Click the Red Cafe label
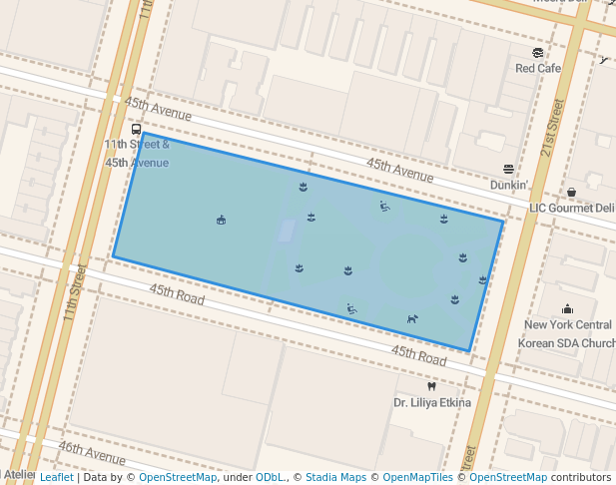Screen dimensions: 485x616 pos(538,68)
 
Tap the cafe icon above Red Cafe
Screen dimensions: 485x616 pos(538,53)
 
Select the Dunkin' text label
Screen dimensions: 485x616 pos(508,185)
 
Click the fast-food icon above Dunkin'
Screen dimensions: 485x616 pos(508,170)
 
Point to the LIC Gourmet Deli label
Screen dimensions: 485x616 pos(572,208)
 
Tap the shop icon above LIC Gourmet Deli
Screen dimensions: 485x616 pos(572,192)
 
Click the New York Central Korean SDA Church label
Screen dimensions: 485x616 pos(567,333)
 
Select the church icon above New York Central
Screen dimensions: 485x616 pos(568,308)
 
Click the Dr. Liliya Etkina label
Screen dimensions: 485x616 pos(431,403)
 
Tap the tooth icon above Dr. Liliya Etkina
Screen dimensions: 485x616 pos(431,386)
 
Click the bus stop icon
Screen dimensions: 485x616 pos(137,130)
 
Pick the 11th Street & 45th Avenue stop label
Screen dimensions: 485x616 pos(137,153)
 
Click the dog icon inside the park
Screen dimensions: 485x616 pos(411,319)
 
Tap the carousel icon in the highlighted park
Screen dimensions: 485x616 pos(221,220)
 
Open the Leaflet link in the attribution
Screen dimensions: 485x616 pos(56,477)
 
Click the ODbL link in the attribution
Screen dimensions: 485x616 pos(270,477)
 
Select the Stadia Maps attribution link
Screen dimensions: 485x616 pos(335,477)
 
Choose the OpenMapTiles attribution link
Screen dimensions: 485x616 pos(418,477)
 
